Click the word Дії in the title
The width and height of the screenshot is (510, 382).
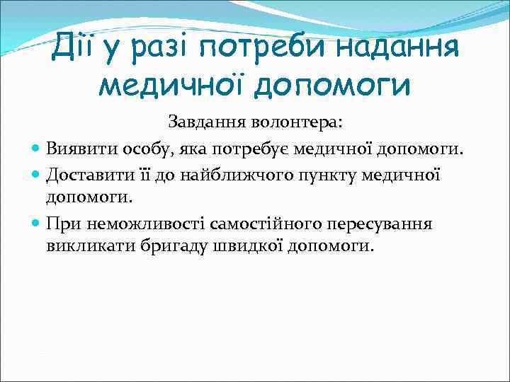[x=73, y=48]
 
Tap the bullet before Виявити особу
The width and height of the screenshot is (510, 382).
[x=36, y=149]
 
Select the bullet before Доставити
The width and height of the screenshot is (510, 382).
[x=36, y=174]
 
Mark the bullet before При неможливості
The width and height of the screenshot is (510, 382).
[x=36, y=224]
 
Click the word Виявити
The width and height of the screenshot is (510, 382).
[x=74, y=149]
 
